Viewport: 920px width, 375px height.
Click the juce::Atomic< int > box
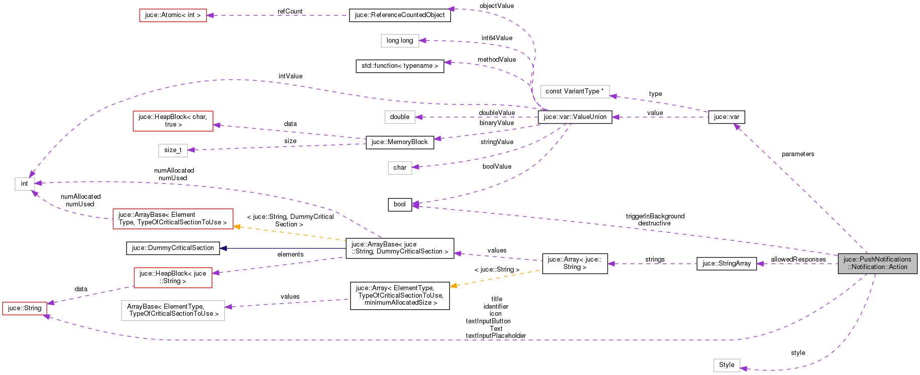(173, 15)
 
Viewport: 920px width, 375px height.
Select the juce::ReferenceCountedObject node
(400, 15)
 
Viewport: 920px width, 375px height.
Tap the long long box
(400, 41)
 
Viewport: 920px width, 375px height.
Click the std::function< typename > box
(400, 66)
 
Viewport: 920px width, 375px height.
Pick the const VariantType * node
(574, 91)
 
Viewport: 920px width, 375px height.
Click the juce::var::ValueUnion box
(574, 117)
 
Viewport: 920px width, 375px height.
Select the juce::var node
(726, 117)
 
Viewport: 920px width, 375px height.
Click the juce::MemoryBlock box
(399, 142)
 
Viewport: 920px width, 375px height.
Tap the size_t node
(173, 150)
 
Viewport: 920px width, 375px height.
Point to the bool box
(400, 204)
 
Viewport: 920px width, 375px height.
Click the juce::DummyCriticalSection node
(173, 248)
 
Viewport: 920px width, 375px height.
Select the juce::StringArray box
(726, 264)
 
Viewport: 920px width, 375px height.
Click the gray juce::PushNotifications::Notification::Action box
(877, 264)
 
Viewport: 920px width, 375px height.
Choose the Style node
(726, 365)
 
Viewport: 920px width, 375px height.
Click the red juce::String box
(25, 308)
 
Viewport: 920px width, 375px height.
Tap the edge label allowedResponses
(798, 260)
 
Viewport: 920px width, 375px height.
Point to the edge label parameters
(797, 154)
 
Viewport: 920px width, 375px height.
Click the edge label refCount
(290, 11)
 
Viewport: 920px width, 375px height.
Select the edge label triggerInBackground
(655, 216)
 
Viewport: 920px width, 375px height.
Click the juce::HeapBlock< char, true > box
(173, 121)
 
